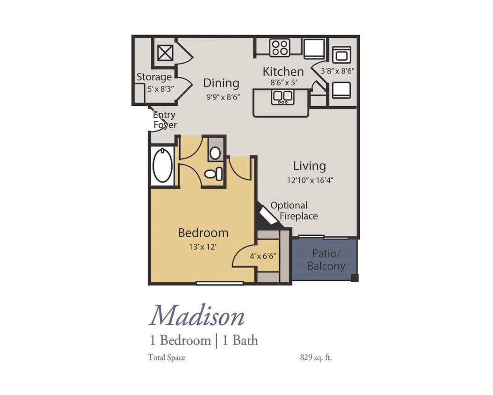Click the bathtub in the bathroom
click(162, 165)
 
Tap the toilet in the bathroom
click(213, 174)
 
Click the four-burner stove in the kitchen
click(280, 47)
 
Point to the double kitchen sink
click(283, 96)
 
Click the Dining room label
click(221, 83)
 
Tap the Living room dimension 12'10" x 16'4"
click(310, 180)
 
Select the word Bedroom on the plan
click(203, 233)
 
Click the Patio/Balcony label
click(326, 260)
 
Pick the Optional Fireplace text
click(294, 211)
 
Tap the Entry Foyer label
click(165, 120)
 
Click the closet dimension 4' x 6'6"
click(263, 256)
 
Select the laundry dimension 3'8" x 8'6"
click(337, 71)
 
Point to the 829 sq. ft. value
click(316, 358)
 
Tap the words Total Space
click(167, 358)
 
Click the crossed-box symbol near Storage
click(165, 53)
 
